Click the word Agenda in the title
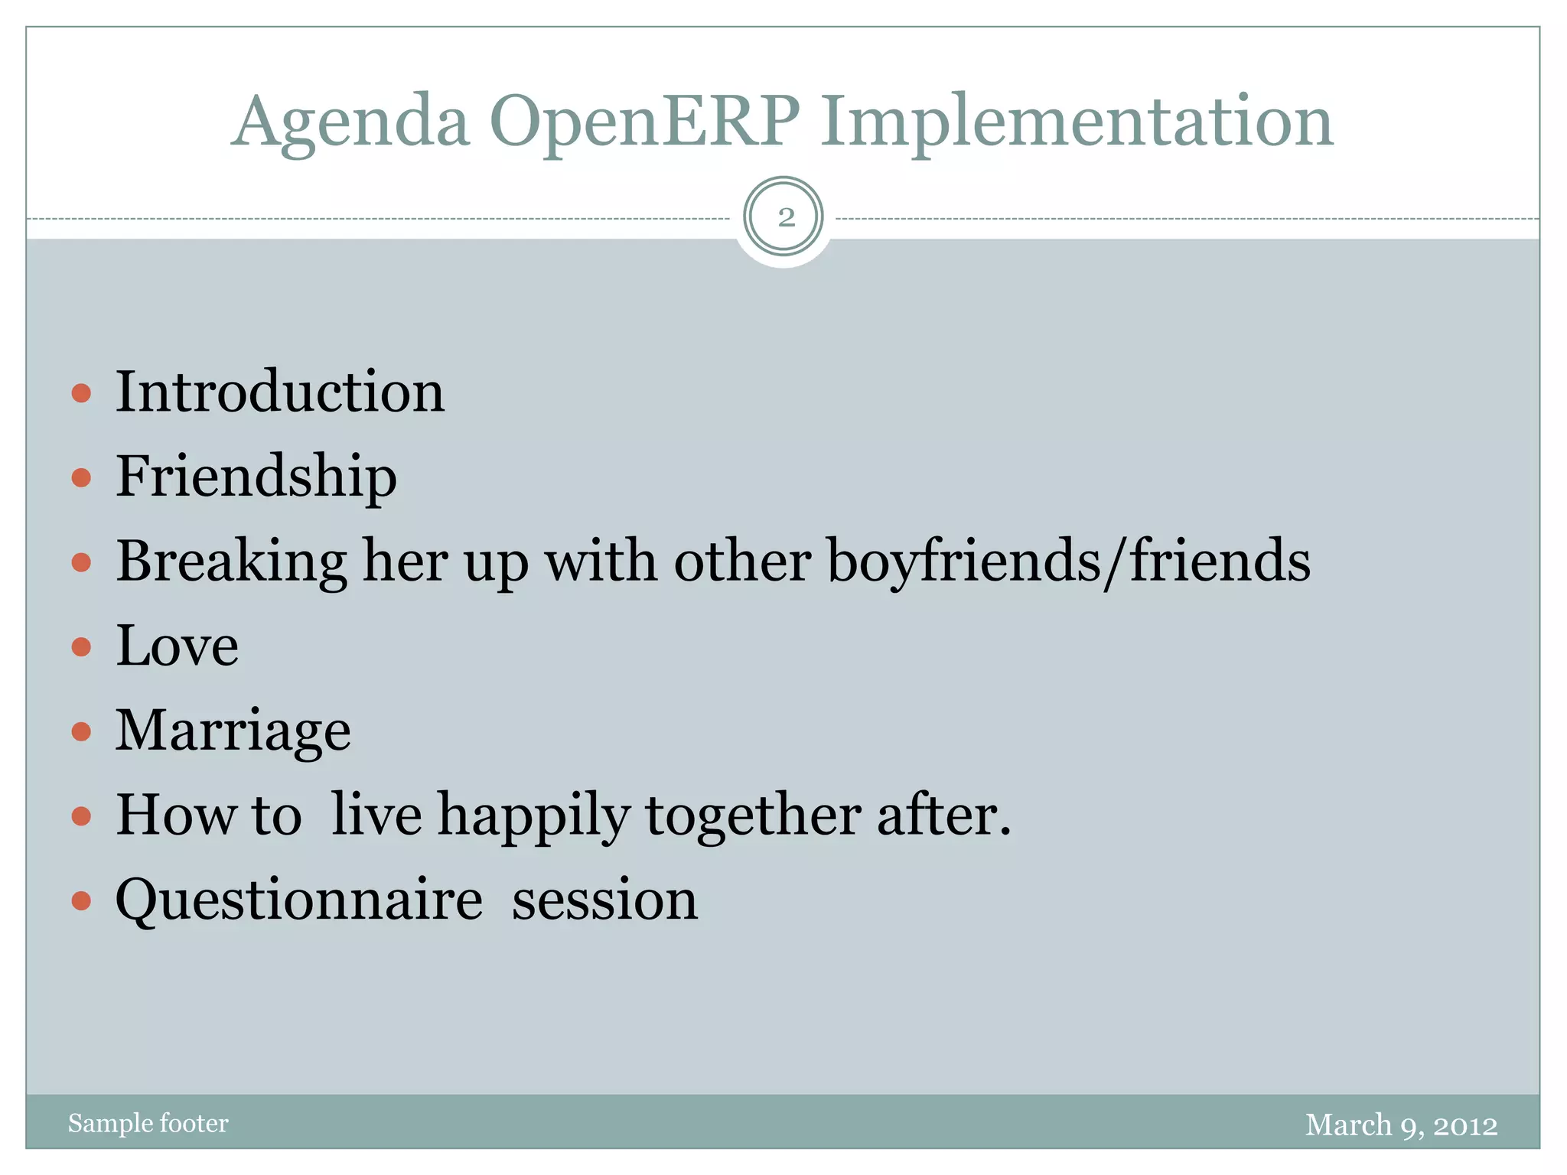click(x=350, y=122)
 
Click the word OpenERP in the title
click(x=644, y=122)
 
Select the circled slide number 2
click(x=783, y=217)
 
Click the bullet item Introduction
click(x=280, y=392)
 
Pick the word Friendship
click(x=256, y=477)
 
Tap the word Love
click(x=177, y=646)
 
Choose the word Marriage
click(x=233, y=731)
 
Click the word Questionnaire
click(x=299, y=900)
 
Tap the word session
click(x=604, y=900)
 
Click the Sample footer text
click(x=148, y=1123)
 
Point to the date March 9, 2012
click(x=1401, y=1125)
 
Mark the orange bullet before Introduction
click(x=81, y=394)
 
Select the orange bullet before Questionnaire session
click(x=81, y=900)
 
